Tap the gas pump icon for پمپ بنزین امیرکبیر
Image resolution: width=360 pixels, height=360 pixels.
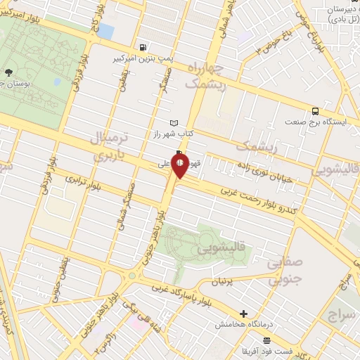click(x=144, y=47)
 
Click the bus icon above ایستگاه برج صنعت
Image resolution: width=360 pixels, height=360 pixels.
click(x=315, y=110)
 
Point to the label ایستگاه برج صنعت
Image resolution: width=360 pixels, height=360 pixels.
click(x=316, y=122)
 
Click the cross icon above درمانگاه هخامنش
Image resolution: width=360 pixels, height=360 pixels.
click(x=244, y=314)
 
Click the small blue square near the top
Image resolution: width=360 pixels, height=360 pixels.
click(x=105, y=31)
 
